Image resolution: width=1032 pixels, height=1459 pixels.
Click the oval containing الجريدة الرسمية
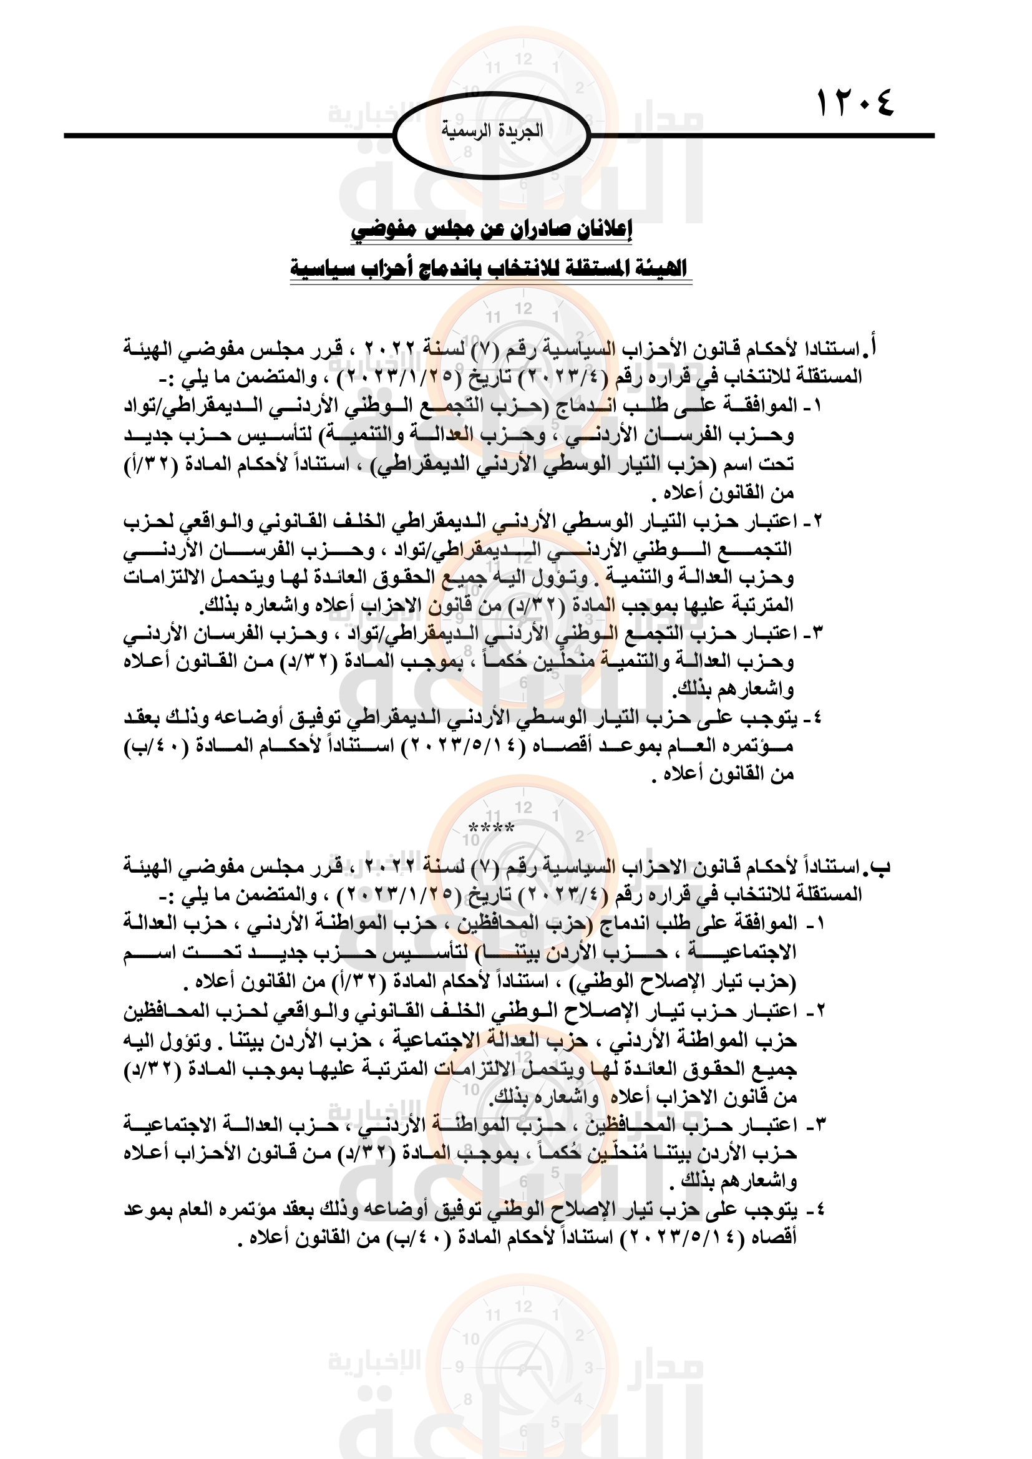(x=492, y=135)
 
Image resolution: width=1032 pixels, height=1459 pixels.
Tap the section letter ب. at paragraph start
(x=880, y=866)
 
